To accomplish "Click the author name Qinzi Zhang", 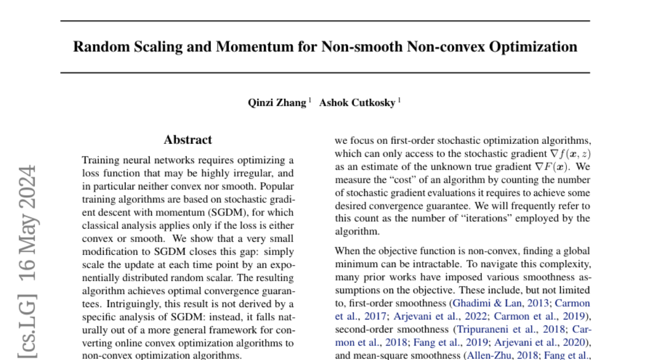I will (x=277, y=103).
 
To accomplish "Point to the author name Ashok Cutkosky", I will (x=358, y=103).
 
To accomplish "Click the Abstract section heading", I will (x=188, y=140).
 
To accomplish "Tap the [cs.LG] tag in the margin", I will (x=27, y=323).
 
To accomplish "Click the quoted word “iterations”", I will (x=455, y=218).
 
